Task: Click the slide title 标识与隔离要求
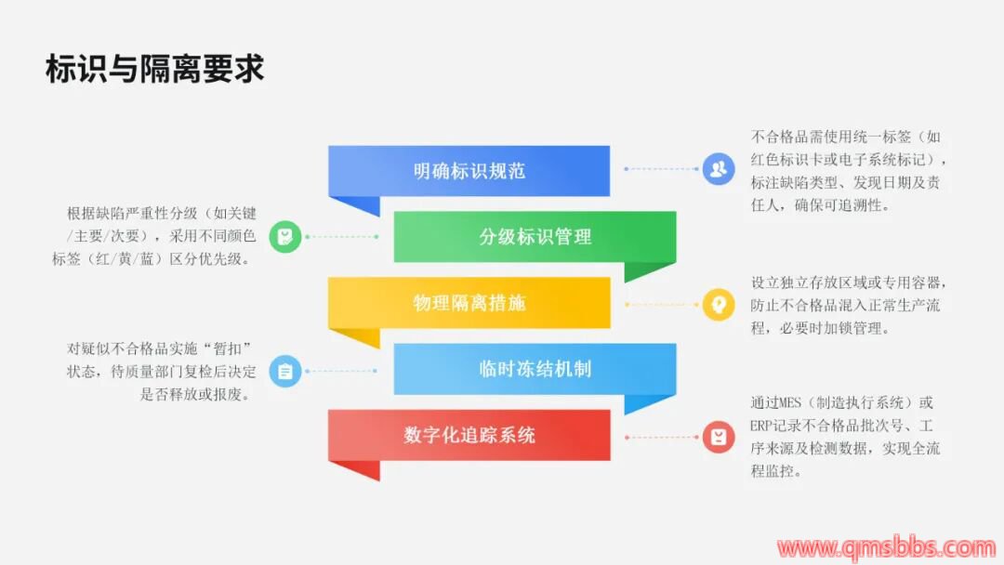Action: pyautogui.click(x=155, y=70)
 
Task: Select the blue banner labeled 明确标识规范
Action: pyautogui.click(x=469, y=171)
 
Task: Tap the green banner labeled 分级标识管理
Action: pyautogui.click(x=535, y=237)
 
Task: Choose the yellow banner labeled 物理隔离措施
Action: pyautogui.click(x=469, y=303)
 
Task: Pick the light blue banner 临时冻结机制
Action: pyautogui.click(x=535, y=369)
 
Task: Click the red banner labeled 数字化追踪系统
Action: pyautogui.click(x=469, y=435)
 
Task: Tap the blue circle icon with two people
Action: pyautogui.click(x=718, y=169)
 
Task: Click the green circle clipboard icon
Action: pyautogui.click(x=285, y=237)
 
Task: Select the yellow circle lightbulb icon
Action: pyautogui.click(x=718, y=304)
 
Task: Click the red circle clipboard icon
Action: pyautogui.click(x=718, y=436)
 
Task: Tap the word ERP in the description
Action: pyautogui.click(x=764, y=427)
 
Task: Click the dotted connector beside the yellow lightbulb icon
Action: pyautogui.click(x=662, y=304)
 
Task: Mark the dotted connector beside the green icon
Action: pyautogui.click(x=341, y=237)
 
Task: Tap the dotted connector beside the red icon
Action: pyautogui.click(x=662, y=436)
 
